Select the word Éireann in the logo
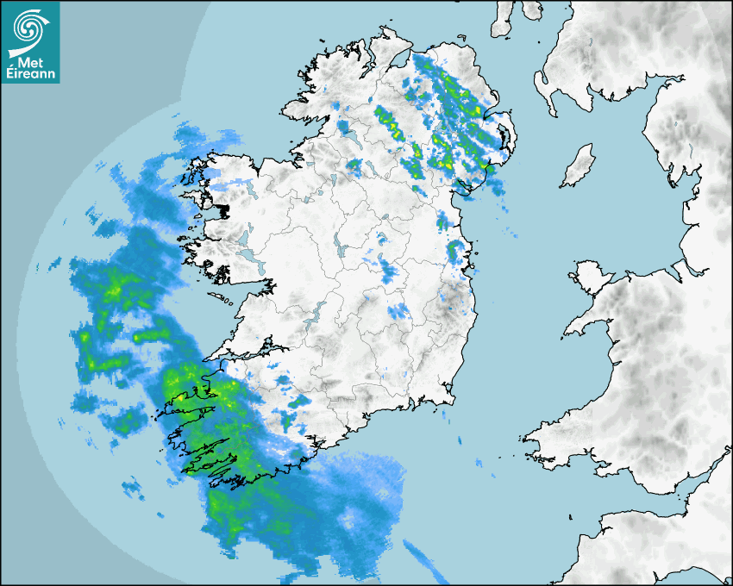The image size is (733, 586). [x=30, y=75]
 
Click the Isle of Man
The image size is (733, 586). [x=579, y=165]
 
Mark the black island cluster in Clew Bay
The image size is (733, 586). [x=222, y=210]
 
